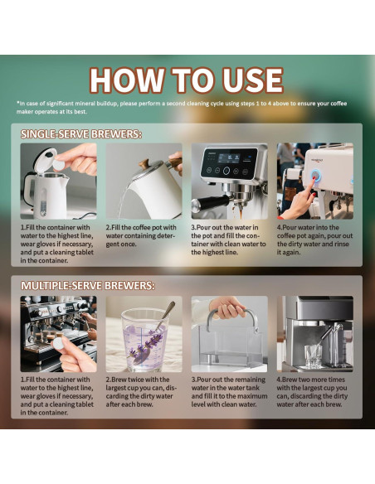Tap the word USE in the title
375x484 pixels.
[246, 80]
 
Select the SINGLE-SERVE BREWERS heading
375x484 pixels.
[81, 133]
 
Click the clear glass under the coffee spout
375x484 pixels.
[313, 356]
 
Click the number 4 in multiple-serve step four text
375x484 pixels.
[279, 379]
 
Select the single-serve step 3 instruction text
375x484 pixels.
[229, 239]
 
